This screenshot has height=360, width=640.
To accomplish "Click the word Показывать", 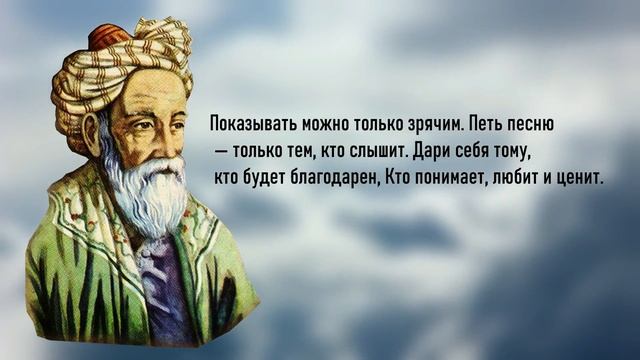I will (243, 127).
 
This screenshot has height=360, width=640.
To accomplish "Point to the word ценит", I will (578, 178).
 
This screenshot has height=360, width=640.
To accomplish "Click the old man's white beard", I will (150, 190).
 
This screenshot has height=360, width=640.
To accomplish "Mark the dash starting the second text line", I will (219, 153).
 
